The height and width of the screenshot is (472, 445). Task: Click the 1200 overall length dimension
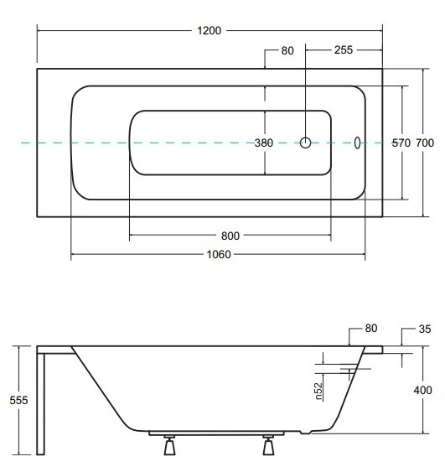210,31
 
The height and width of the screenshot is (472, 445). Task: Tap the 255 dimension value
344,50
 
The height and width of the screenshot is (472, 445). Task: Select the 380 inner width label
264,143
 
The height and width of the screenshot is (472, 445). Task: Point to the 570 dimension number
401,143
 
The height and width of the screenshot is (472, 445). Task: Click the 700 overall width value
425,143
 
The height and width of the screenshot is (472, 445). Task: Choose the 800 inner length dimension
230,236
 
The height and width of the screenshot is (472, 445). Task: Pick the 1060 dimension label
219,255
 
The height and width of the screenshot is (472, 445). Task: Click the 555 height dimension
18,400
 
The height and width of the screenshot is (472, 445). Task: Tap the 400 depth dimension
422,390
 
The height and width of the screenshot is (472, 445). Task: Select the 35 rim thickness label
425,329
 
